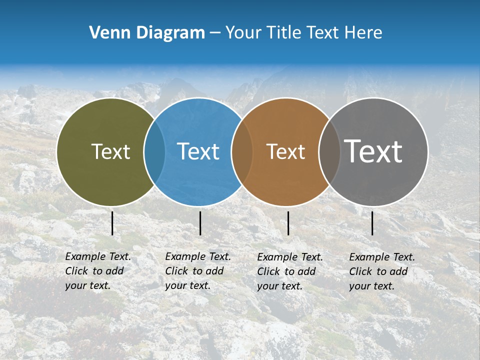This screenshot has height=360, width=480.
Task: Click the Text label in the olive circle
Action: click(x=110, y=151)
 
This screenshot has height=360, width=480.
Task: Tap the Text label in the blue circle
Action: click(x=198, y=151)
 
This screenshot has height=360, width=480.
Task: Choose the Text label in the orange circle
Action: click(x=285, y=151)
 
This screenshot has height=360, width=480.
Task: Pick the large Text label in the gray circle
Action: click(x=373, y=151)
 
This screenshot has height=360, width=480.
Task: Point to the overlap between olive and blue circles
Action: click(x=154, y=152)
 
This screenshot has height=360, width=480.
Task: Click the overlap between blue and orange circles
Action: click(x=242, y=152)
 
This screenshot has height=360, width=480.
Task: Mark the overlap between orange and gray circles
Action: click(x=329, y=152)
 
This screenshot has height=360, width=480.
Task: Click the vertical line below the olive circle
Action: click(x=112, y=223)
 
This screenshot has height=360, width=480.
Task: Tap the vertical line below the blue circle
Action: click(x=200, y=223)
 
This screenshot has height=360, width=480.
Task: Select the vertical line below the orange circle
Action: click(x=288, y=223)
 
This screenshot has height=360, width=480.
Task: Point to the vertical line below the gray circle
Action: click(x=372, y=223)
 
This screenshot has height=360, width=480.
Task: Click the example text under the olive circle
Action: click(x=98, y=271)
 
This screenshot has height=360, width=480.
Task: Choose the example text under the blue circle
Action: click(x=198, y=271)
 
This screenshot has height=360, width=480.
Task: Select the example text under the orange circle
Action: click(x=290, y=271)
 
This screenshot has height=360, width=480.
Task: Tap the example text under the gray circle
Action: click(x=382, y=271)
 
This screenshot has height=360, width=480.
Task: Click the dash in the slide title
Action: click(x=215, y=33)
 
